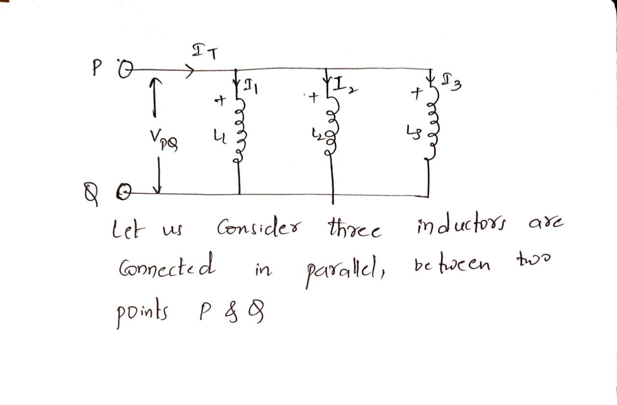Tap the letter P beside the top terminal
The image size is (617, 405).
click(96, 69)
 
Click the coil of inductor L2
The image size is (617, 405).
click(332, 130)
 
